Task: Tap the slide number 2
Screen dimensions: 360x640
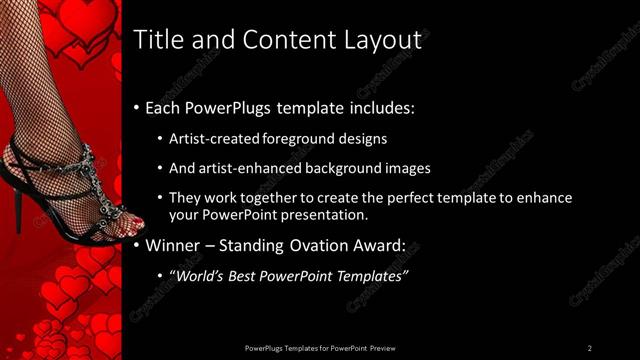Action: click(x=590, y=347)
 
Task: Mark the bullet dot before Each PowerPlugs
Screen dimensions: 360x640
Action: click(x=136, y=108)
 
